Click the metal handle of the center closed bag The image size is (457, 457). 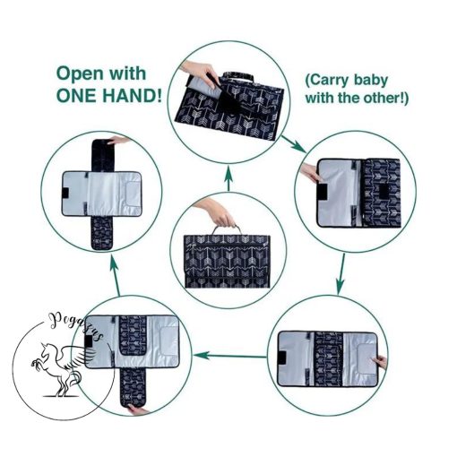226,230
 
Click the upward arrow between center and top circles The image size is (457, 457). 228,178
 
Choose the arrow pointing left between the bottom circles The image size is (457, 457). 230,356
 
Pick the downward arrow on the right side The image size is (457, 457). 341,274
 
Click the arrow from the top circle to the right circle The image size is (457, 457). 294,144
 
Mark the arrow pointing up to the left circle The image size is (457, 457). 116,276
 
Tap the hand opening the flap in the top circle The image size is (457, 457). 199,73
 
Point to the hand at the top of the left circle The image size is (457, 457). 119,140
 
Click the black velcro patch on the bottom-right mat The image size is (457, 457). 281,358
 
